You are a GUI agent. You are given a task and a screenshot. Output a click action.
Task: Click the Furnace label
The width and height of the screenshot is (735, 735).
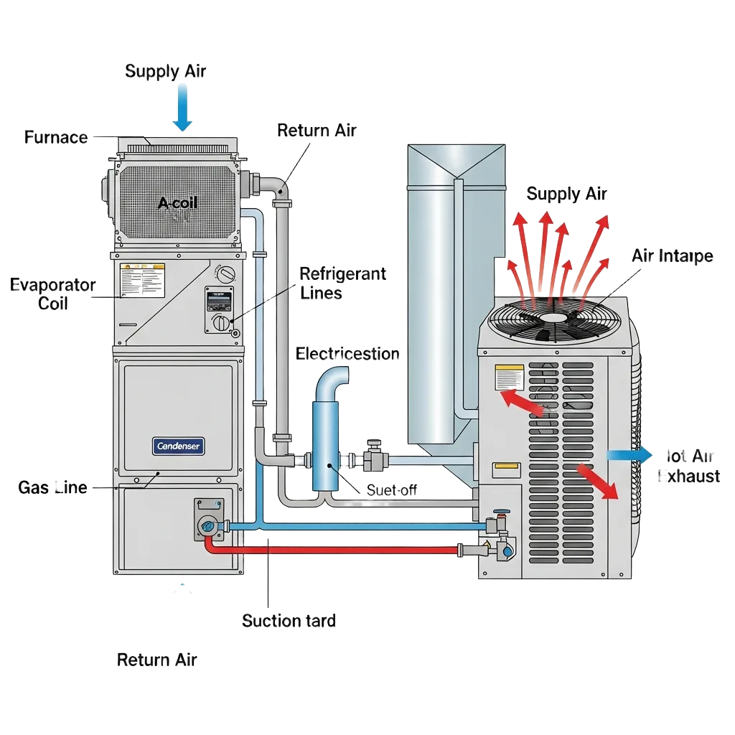56,136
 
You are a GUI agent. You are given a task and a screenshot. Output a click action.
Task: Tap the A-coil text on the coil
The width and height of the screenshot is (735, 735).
177,203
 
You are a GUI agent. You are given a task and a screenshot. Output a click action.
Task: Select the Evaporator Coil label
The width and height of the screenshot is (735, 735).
52,294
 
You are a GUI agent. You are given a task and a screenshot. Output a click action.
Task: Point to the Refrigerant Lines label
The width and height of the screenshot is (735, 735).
342,283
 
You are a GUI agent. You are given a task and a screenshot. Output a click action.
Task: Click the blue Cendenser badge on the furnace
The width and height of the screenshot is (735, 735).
179,446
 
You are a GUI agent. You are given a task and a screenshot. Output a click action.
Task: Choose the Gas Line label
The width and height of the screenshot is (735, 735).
52,487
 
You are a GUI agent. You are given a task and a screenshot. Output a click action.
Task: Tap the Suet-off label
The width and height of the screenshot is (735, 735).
392,490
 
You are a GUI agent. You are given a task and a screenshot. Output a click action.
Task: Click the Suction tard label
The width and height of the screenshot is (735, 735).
289,621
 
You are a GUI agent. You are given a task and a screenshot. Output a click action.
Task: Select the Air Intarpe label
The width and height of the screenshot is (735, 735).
672,256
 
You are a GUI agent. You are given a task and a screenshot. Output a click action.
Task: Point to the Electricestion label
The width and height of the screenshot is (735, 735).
348,354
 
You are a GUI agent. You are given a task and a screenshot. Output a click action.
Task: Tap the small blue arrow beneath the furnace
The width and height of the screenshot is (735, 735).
184,590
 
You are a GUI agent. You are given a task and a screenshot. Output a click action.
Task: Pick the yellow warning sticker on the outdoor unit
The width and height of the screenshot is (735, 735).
509,377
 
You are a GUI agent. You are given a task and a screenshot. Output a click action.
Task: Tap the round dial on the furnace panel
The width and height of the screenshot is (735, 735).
227,274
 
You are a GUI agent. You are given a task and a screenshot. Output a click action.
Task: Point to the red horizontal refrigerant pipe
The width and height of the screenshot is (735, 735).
337,550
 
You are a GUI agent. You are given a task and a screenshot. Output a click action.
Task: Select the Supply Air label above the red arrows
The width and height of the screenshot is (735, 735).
566,194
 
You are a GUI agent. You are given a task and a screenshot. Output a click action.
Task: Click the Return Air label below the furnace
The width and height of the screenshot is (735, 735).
156,659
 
